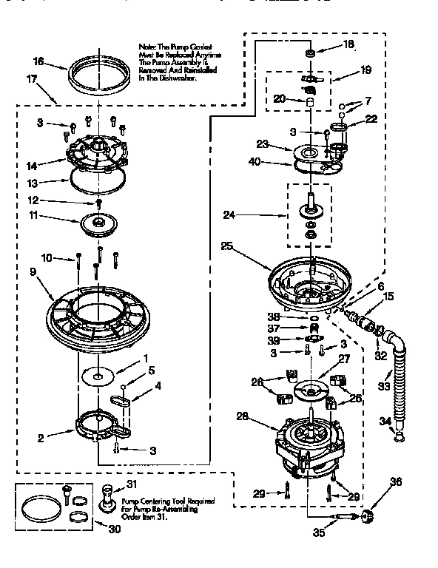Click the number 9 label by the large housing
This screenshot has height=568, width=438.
click(x=33, y=271)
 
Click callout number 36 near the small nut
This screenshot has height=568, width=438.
click(x=397, y=482)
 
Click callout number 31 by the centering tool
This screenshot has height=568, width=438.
click(x=133, y=484)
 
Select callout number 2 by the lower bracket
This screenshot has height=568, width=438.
click(x=41, y=438)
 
